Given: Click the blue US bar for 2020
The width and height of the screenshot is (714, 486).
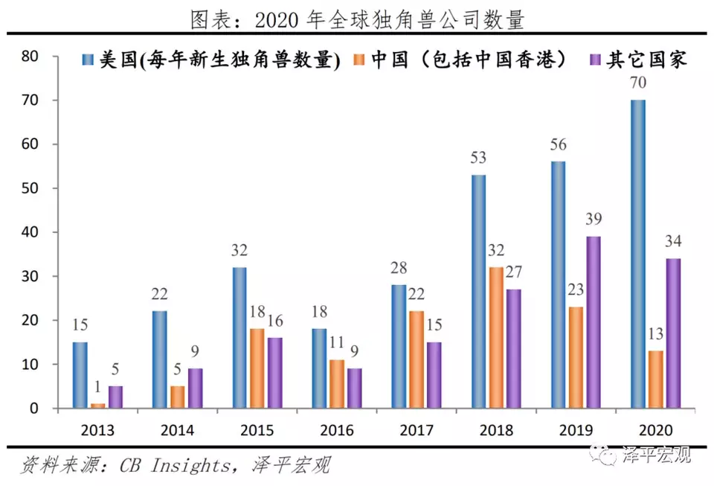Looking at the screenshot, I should tap(638, 254).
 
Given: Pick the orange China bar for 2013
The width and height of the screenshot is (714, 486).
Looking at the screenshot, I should tap(97, 406).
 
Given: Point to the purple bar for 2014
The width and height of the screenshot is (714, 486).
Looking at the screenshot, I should tap(195, 388).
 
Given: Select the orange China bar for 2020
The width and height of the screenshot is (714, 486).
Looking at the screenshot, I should tap(656, 380).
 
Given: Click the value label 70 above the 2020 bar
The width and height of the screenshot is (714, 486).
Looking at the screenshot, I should tap(638, 83).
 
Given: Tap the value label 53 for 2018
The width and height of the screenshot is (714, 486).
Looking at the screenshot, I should tap(477, 159).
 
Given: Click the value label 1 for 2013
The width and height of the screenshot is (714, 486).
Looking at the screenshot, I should tap(97, 389).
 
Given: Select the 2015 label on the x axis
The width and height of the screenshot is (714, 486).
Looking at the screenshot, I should tap(257, 431).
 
